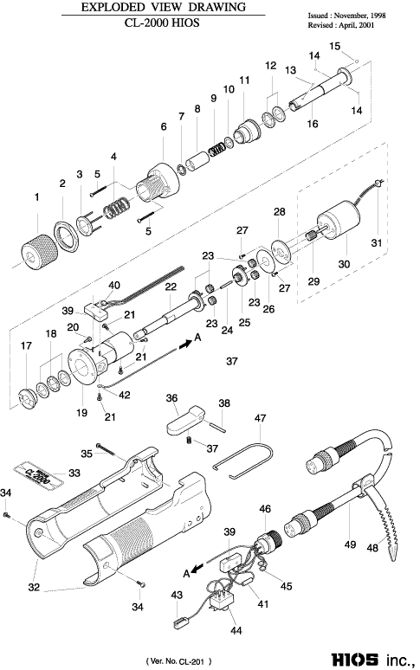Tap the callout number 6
tap(164, 127)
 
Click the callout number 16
tap(313, 124)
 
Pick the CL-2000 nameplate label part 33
tap(38, 474)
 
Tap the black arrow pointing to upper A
tap(185, 345)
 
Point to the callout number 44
tap(236, 630)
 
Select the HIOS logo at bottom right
tap(354, 659)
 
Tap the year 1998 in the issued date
tap(378, 16)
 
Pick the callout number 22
tap(171, 287)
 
